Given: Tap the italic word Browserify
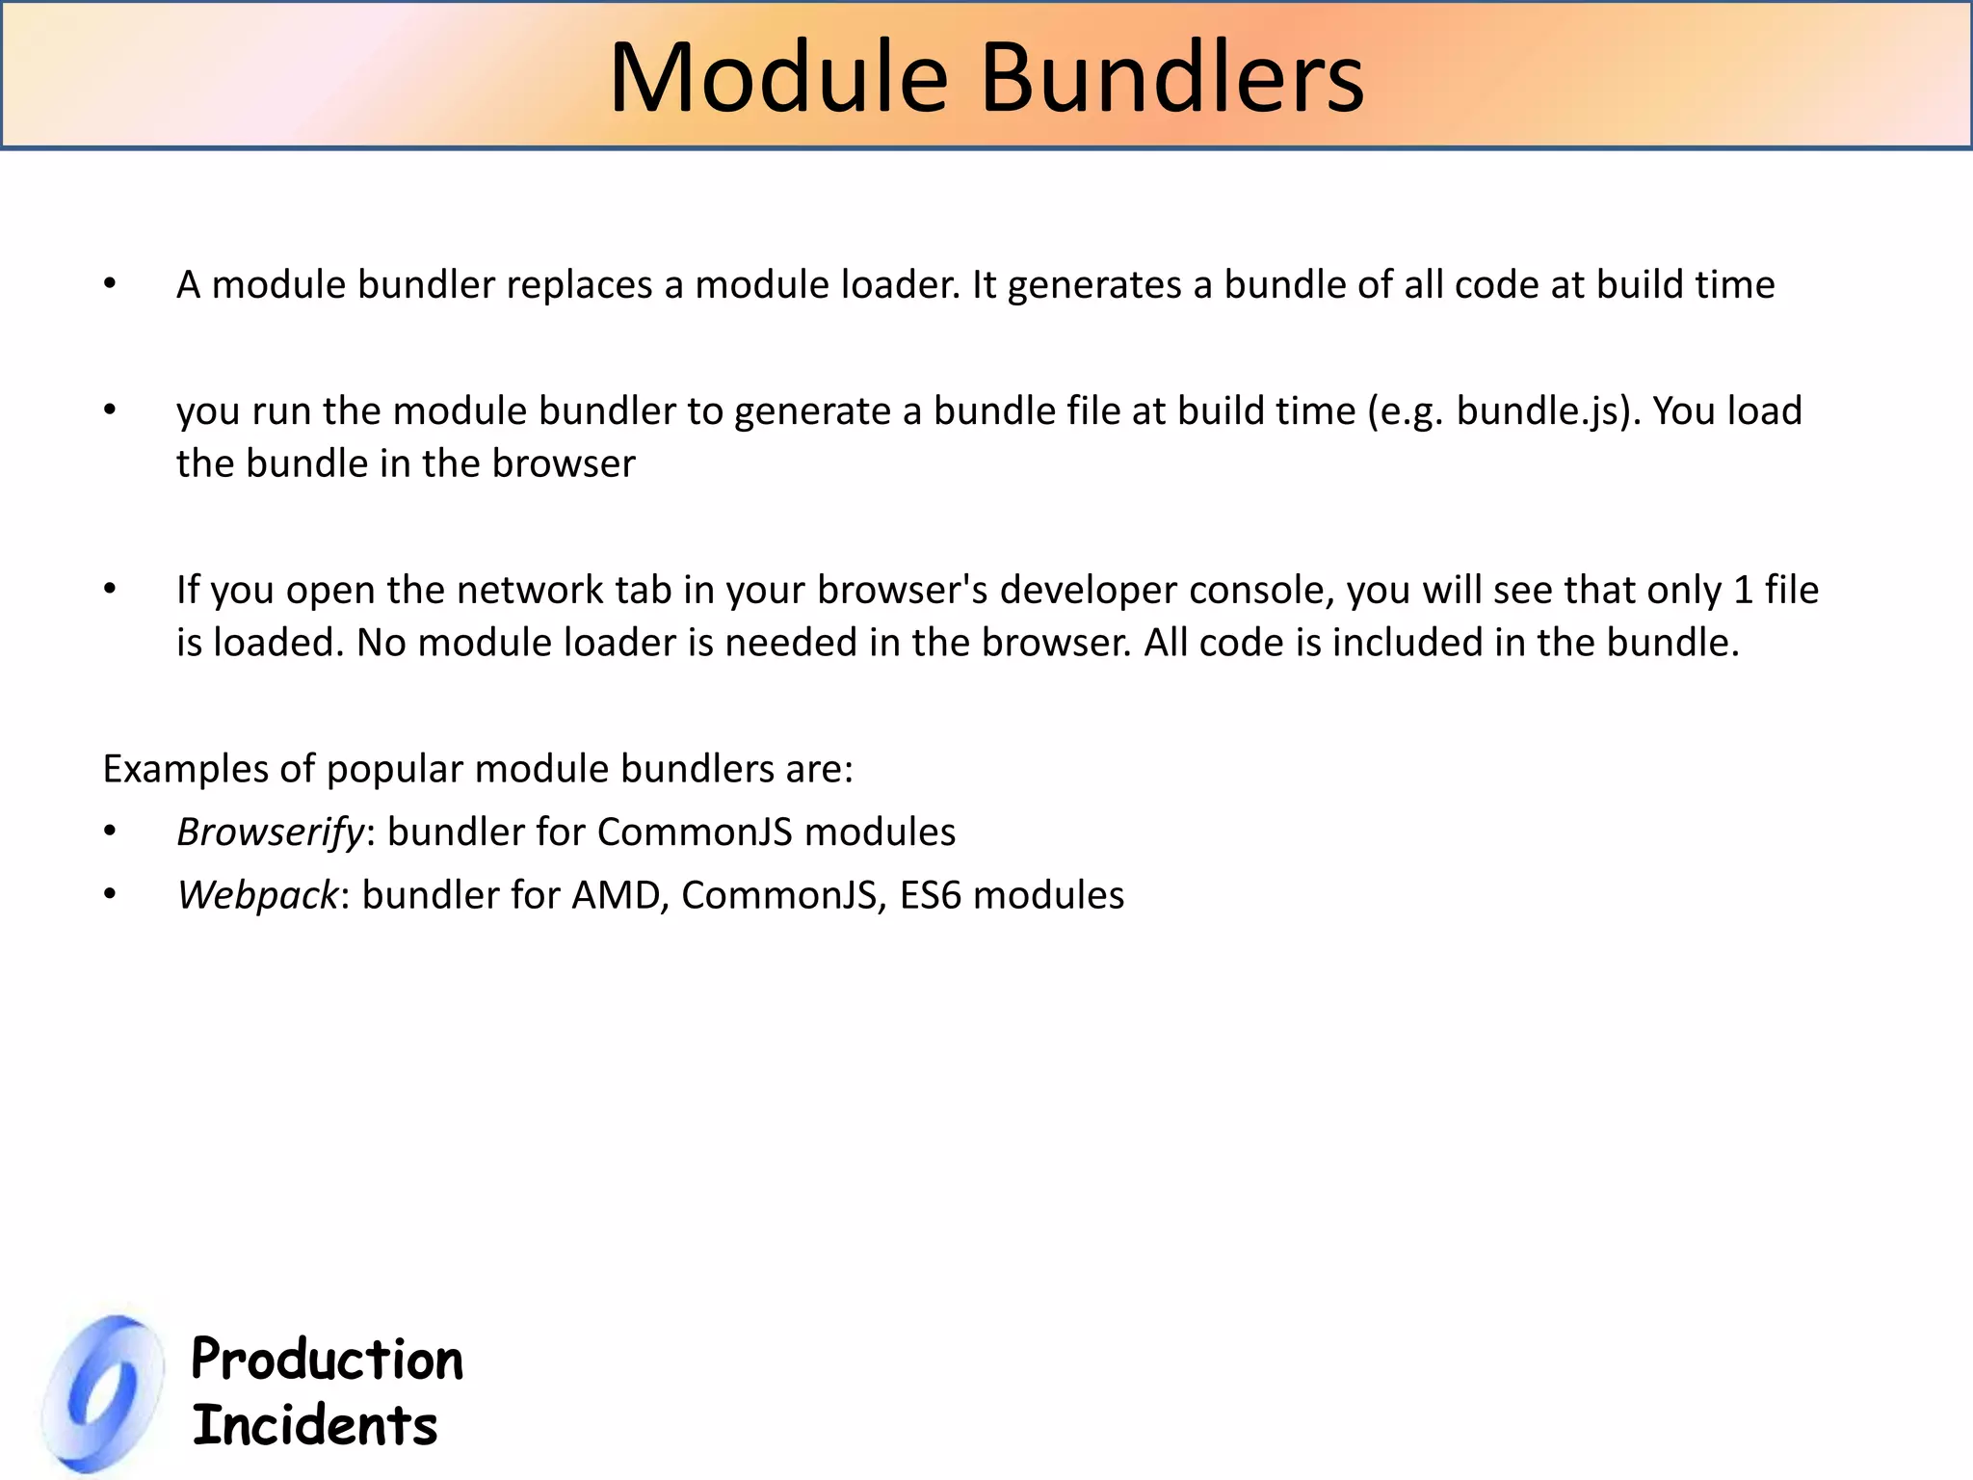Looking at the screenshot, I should [271, 832].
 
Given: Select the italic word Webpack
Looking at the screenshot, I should [257, 895].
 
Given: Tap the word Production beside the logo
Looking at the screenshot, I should [328, 1360].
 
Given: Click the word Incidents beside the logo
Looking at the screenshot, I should [315, 1426].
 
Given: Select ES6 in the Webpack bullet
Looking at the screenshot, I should [931, 895].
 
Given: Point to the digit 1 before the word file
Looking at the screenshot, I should [1743, 591].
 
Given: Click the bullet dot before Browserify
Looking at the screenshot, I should [111, 831].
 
